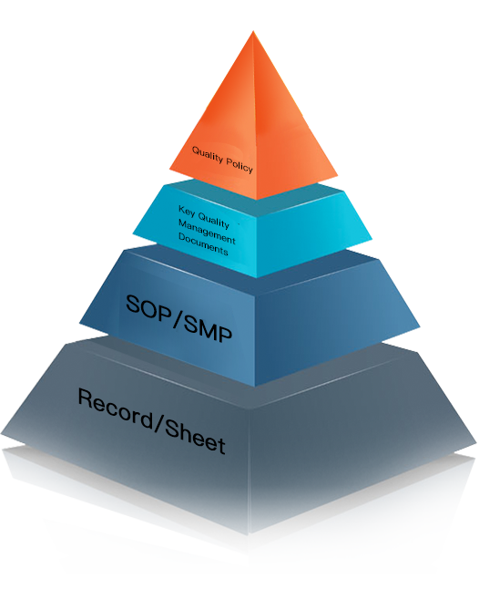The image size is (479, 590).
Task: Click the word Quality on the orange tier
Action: [x=208, y=155]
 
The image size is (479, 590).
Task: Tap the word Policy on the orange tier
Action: [x=239, y=165]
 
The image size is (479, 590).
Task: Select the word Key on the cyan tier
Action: [x=187, y=211]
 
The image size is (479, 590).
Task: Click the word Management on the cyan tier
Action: [x=207, y=232]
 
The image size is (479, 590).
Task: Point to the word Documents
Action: [x=203, y=243]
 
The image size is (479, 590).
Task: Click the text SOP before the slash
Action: [x=148, y=308]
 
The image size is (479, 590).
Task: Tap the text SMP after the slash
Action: [x=209, y=328]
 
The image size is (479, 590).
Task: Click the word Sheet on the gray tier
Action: [x=195, y=437]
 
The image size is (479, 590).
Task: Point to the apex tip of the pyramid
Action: [x=253, y=31]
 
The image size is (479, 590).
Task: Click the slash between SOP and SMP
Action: [x=178, y=318]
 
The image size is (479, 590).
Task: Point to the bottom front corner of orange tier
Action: [x=257, y=200]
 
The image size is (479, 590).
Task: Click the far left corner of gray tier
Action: [x=1, y=434]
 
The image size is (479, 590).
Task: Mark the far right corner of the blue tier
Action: [x=420, y=327]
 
